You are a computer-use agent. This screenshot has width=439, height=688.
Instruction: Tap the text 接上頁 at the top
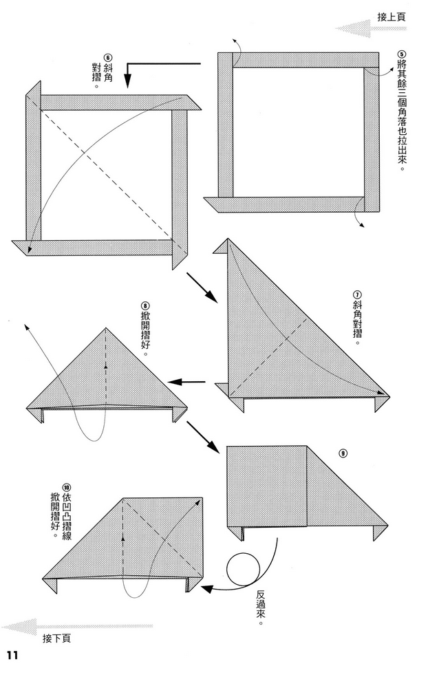tap(392, 16)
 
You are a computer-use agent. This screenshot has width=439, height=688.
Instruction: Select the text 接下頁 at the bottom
tap(56, 638)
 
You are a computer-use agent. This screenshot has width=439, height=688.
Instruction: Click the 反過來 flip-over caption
tap(261, 607)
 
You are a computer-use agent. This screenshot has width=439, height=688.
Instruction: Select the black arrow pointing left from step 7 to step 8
tap(187, 382)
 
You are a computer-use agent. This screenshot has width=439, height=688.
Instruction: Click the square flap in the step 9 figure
tap(267, 485)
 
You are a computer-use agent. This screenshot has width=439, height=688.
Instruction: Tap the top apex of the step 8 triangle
tap(105, 330)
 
